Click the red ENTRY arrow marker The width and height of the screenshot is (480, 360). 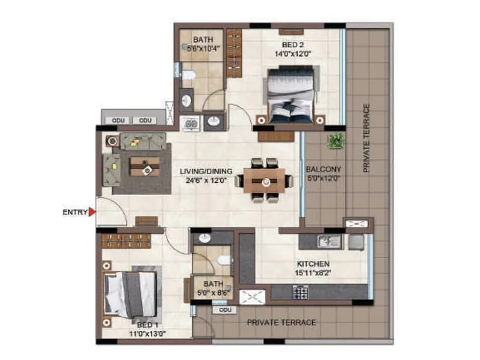92,212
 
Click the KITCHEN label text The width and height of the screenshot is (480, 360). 313,263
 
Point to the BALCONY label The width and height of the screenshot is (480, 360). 323,169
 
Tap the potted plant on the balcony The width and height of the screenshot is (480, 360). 336,140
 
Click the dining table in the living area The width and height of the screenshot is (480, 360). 265,180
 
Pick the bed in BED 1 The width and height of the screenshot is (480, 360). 130,295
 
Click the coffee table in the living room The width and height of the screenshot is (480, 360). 145,166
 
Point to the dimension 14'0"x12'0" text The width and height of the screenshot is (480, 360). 294,52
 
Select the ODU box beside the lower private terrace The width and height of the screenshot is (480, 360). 224,310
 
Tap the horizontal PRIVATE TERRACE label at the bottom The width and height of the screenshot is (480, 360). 281,323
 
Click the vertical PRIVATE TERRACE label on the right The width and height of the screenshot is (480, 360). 365,139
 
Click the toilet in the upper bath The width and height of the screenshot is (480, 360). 188,74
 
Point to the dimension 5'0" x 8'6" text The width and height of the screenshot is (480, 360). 212,293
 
